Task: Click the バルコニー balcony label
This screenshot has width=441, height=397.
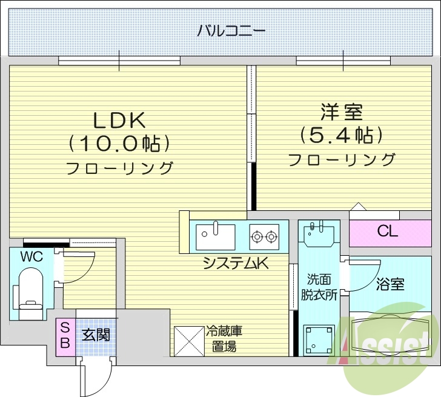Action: pyautogui.click(x=224, y=30)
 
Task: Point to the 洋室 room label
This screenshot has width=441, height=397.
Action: pyautogui.click(x=342, y=112)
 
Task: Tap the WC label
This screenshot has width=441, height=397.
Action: pyautogui.click(x=31, y=256)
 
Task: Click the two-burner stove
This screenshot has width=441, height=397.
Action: pyautogui.click(x=264, y=236)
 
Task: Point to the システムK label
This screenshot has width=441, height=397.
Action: pyautogui.click(x=236, y=263)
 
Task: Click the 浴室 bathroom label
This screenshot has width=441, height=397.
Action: pyautogui.click(x=390, y=284)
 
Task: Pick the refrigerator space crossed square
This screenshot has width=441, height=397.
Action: pyautogui.click(x=188, y=341)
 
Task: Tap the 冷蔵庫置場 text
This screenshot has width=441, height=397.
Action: pyautogui.click(x=224, y=339)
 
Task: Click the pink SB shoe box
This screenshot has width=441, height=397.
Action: pyautogui.click(x=65, y=334)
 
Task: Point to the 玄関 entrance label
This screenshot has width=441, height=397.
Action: pyautogui.click(x=96, y=334)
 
